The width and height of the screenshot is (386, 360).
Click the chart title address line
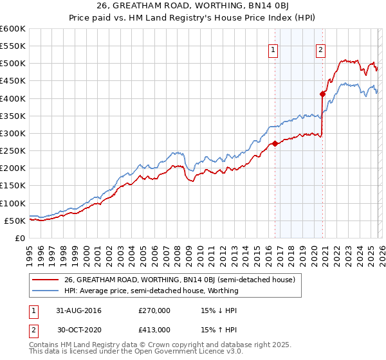[192, 6]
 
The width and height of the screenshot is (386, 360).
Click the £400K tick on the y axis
[13, 98]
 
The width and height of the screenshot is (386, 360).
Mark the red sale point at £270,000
[275, 143]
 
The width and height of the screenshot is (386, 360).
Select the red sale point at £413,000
[322, 94]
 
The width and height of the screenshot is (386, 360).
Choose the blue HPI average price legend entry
[151, 291]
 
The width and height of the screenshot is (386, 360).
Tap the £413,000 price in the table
[154, 329]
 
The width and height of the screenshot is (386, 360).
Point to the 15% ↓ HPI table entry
[219, 310]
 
